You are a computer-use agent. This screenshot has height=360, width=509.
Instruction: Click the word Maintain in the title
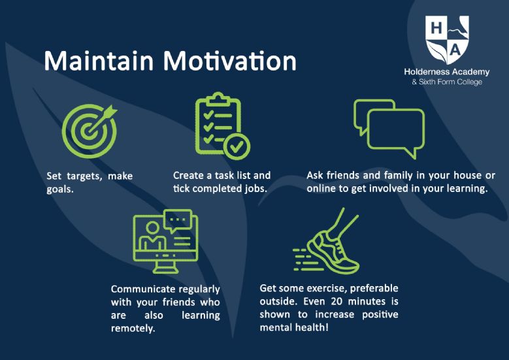[99, 61]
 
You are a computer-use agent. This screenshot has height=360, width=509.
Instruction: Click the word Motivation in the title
[230, 61]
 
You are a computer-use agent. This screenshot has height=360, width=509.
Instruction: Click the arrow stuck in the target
[101, 120]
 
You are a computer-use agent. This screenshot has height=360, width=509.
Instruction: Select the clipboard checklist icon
[223, 126]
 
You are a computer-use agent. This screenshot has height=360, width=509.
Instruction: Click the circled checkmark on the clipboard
[237, 146]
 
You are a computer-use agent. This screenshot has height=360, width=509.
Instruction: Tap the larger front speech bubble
[396, 129]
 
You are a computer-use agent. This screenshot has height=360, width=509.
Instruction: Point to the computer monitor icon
[165, 241]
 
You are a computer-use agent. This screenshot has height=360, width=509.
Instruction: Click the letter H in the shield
[436, 28]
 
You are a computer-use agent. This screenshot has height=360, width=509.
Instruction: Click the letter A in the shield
[455, 50]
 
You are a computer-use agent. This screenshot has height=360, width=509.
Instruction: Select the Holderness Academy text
[447, 72]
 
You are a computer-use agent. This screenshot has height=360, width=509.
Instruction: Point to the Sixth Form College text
[447, 82]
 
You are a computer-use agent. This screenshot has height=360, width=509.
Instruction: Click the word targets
[85, 176]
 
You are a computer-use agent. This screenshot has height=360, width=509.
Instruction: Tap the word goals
[60, 189]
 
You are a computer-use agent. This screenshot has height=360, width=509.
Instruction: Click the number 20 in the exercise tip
[337, 302]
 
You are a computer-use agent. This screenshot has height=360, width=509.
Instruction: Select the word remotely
[133, 329]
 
